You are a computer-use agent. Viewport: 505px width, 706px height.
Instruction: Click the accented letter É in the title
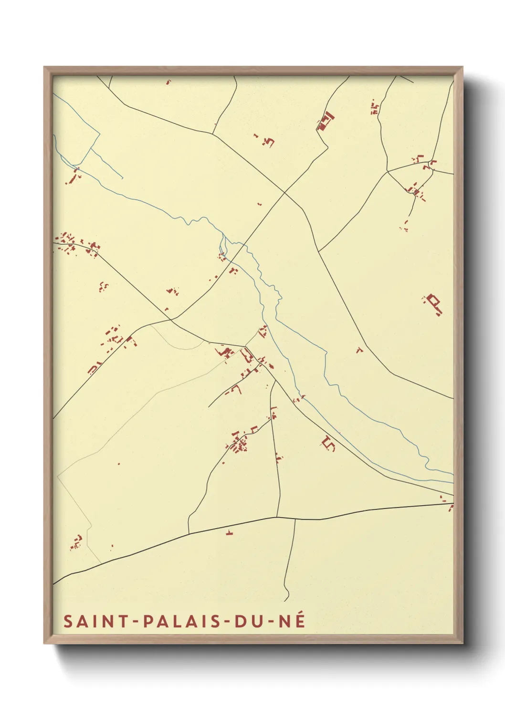(300, 620)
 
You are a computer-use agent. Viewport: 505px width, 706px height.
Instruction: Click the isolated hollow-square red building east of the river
(434, 303)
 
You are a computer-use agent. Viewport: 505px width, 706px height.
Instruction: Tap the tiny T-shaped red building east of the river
(359, 350)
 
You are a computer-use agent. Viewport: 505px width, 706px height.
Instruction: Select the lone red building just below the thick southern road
(230, 533)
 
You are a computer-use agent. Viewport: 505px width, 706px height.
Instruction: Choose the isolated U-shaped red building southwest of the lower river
(329, 443)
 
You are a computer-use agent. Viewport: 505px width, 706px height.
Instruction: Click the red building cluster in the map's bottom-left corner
(76, 542)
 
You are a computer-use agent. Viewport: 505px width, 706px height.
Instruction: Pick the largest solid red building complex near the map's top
(325, 121)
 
